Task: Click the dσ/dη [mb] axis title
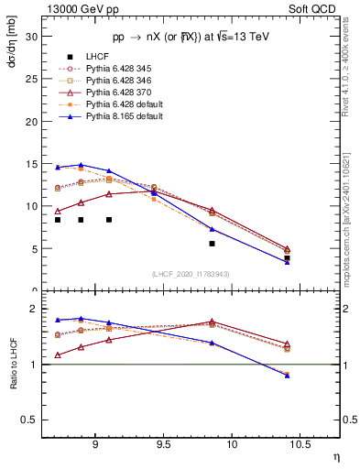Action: [13, 41]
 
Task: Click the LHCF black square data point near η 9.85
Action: [212, 244]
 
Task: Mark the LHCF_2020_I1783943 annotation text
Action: [191, 273]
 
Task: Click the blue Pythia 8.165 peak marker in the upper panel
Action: [81, 165]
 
